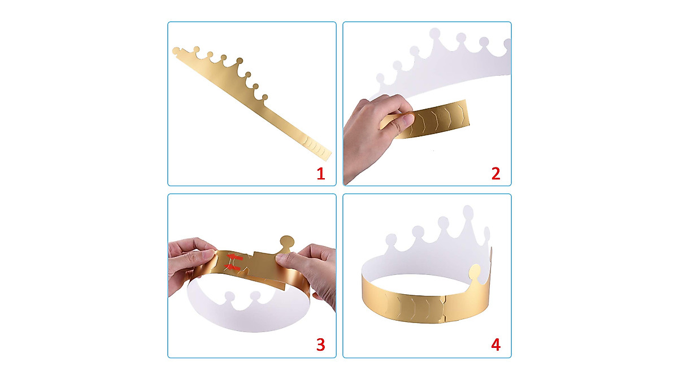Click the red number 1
321,173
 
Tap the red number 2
496,173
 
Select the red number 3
321,344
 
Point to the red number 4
496,344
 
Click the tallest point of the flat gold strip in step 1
239,61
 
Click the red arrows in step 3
234,261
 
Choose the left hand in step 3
189,263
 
